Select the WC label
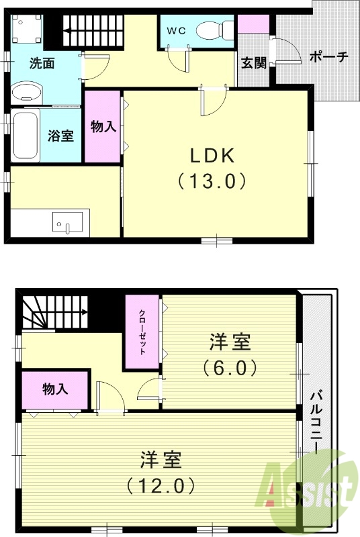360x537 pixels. click(176, 30)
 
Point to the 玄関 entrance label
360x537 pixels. click(254, 64)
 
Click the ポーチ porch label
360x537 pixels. click(328, 57)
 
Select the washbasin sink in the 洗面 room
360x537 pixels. click(27, 92)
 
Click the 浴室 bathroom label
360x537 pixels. click(60, 135)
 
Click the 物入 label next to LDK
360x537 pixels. click(103, 126)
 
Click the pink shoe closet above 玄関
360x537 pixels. click(253, 24)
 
